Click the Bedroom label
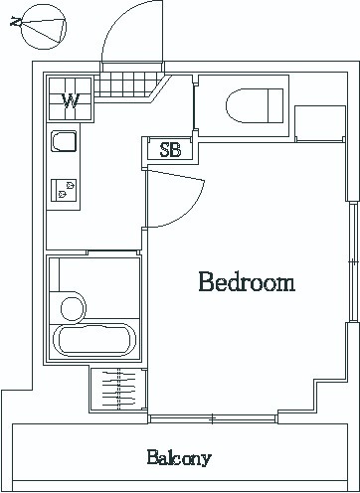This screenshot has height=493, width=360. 247,282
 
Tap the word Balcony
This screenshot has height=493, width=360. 179,458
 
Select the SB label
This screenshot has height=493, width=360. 170,150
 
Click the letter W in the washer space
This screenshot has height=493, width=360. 71,100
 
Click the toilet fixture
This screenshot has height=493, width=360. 255,105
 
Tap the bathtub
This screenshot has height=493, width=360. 94,340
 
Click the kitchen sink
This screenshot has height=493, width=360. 64,141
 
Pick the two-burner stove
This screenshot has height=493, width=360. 64,190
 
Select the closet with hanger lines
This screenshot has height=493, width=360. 118,390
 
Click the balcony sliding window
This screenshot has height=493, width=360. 212,419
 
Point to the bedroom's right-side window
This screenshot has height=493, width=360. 353,261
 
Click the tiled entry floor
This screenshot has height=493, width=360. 127,84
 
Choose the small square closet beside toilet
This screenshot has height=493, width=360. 320,123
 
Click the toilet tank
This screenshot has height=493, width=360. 275,105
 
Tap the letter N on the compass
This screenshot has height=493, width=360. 16,22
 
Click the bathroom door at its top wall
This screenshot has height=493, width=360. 112,252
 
